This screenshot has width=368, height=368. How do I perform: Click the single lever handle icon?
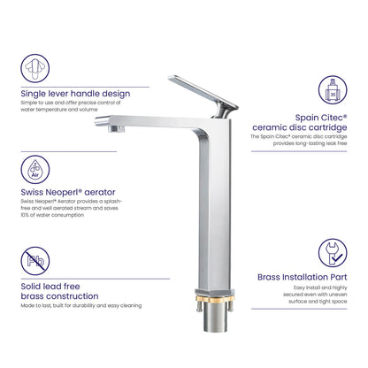35,68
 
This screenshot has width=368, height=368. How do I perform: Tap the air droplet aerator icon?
35,170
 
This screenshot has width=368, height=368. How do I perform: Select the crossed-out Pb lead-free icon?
35,261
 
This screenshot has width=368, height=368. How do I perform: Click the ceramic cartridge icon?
333,90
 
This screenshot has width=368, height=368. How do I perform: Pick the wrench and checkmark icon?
333,253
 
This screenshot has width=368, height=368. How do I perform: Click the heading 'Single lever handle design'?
75,94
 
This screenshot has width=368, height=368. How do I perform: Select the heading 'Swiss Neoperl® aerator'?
68,192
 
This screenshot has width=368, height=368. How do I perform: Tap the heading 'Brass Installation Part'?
303,277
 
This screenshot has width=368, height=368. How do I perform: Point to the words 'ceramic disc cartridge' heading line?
300,127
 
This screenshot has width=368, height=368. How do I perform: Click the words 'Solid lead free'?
50,287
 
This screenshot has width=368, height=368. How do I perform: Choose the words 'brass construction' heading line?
59,296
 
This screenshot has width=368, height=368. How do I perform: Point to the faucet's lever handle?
203,92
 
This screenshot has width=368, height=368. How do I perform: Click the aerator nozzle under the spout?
116,128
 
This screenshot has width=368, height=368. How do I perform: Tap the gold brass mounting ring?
215,300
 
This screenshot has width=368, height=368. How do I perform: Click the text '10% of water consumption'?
52,215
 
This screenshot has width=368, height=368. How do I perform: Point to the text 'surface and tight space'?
318,302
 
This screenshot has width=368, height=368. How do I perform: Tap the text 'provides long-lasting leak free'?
310,143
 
